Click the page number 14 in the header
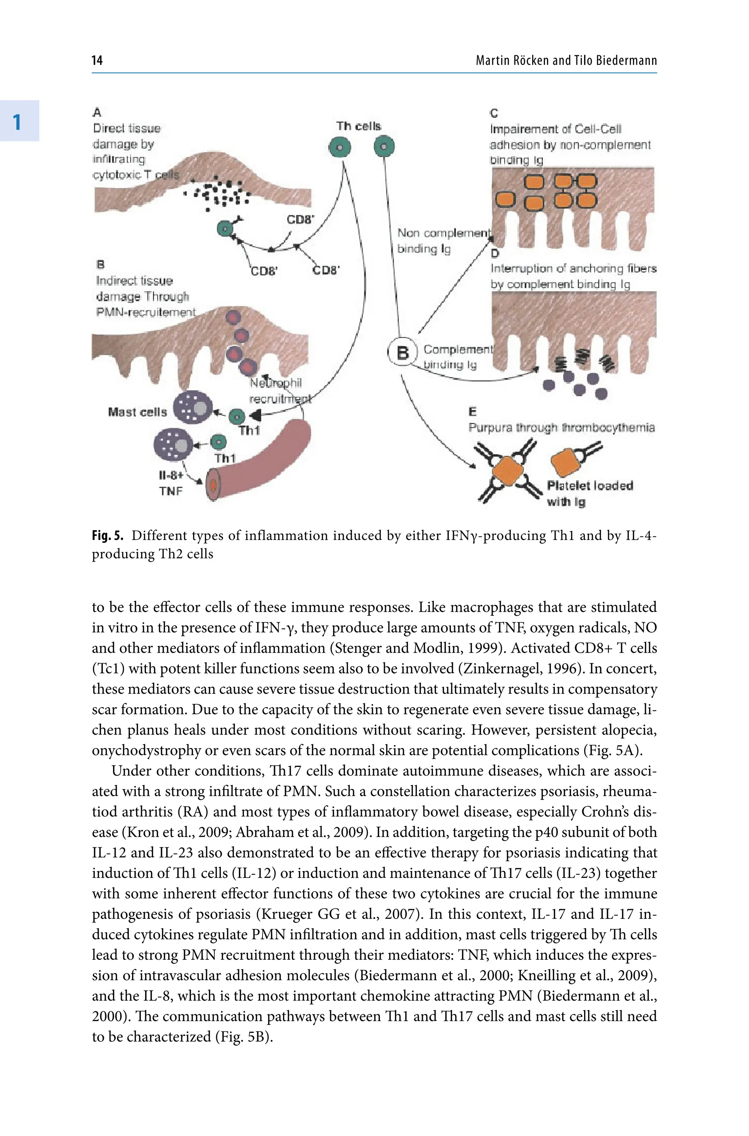(97, 60)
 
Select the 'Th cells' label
(358, 126)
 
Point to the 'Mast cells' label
(137, 412)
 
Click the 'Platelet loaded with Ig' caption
(590, 494)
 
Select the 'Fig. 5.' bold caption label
(108, 536)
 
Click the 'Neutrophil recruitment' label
(279, 390)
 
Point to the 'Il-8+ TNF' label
(170, 483)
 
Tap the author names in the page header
(566, 60)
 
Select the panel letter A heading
(97, 113)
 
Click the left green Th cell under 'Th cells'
(340, 147)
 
